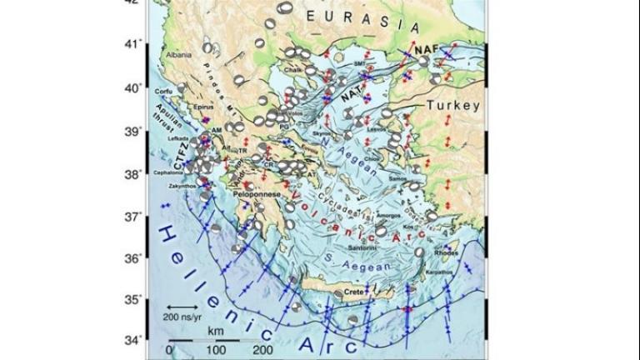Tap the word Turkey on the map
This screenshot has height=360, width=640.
453,106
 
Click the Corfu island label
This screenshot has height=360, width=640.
164,92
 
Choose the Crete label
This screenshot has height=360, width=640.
355,292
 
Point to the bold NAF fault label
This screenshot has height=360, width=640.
423,49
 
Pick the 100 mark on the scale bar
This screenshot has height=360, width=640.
216,350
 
